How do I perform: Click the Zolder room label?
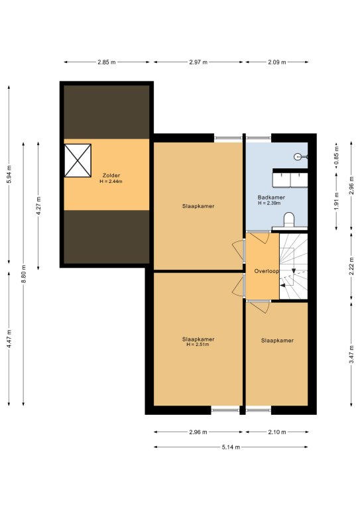pos(111,176)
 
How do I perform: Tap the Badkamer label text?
pos(271,198)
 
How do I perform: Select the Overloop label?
pos(266,271)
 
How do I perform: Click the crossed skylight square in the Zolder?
pos(78,160)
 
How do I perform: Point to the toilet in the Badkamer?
pos(288,220)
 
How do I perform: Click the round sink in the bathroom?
pos(297,157)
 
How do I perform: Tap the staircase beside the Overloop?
pos(294,266)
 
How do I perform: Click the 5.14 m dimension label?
pos(231,447)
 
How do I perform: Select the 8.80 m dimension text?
pos(23,274)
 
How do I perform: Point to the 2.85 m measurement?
pos(107,62)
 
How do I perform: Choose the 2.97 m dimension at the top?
pos(198,62)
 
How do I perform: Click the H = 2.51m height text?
pos(198,345)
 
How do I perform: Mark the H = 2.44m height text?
pos(111,182)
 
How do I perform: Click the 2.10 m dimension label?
pos(277,432)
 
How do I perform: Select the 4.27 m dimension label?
pos(38,206)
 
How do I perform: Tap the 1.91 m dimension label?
pos(336,201)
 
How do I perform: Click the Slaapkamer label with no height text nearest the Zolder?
pos(198,206)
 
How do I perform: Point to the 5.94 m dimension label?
pos(9,175)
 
